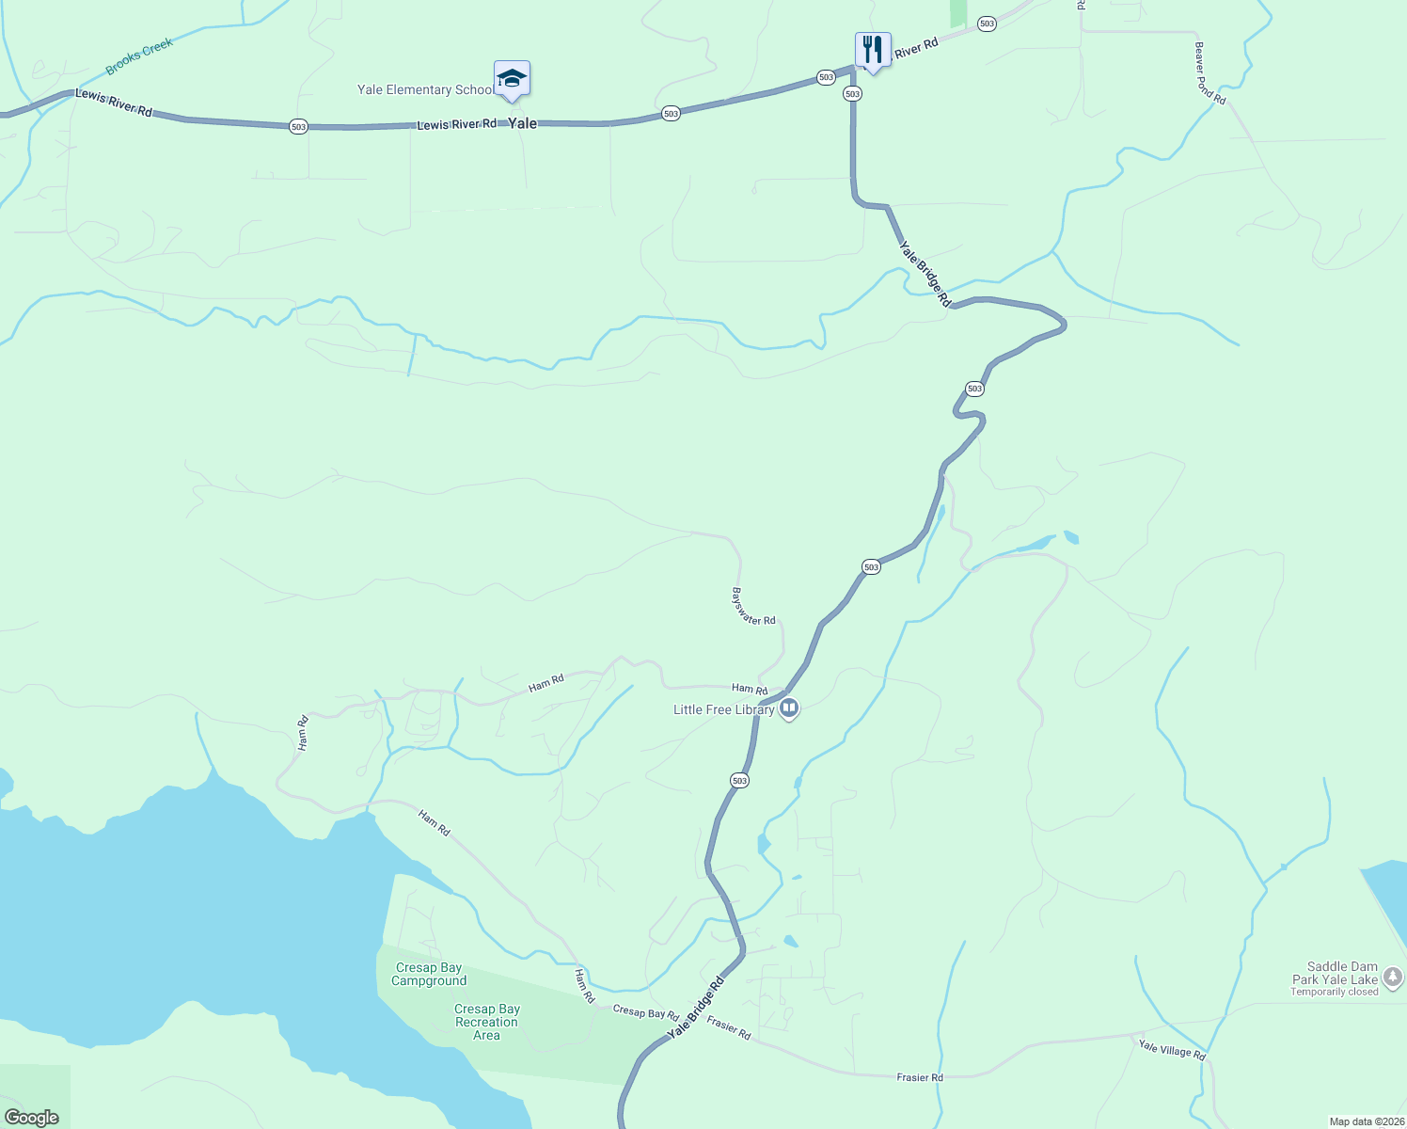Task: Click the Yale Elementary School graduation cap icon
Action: click(x=512, y=79)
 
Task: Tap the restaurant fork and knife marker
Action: click(x=873, y=50)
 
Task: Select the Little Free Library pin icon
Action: click(x=790, y=708)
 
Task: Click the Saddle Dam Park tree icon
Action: click(x=1393, y=978)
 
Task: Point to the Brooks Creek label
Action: click(x=139, y=56)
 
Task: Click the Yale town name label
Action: click(x=523, y=123)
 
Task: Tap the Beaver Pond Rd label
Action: click(x=1210, y=73)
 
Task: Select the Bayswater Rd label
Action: click(x=753, y=607)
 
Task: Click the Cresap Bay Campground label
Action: click(x=429, y=974)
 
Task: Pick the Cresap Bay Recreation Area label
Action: click(x=486, y=1022)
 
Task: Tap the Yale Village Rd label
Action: click(x=1172, y=1049)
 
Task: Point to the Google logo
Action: click(x=32, y=1118)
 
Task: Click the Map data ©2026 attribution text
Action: click(x=1365, y=1121)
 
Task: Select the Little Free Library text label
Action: click(x=723, y=709)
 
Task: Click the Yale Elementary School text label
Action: click(x=424, y=90)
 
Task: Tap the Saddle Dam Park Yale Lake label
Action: click(x=1335, y=973)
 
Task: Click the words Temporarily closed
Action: click(x=1334, y=992)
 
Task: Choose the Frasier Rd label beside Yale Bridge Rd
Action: click(x=729, y=1028)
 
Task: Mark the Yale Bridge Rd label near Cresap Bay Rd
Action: click(x=696, y=1008)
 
